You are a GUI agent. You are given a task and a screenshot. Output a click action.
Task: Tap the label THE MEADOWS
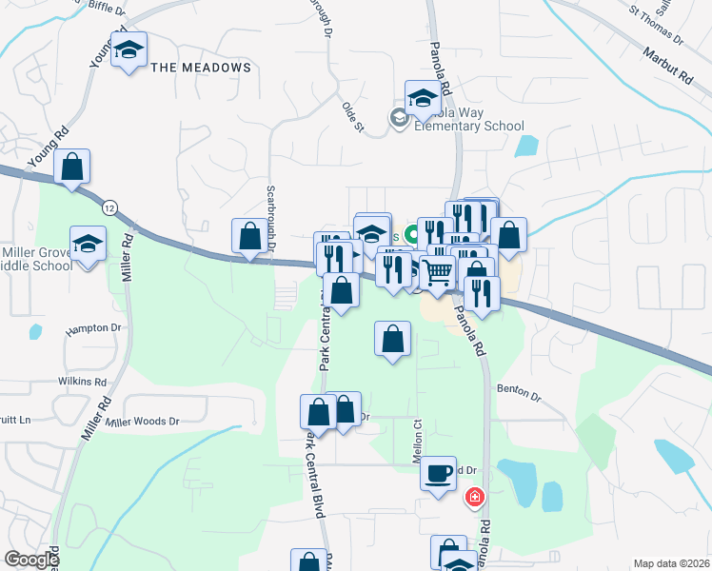(201, 68)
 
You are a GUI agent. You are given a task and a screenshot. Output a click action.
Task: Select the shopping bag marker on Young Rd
(71, 167)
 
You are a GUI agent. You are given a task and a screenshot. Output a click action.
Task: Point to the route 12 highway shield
(111, 207)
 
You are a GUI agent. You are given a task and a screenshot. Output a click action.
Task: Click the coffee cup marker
(438, 473)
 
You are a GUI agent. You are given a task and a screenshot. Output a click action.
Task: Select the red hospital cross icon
(473, 497)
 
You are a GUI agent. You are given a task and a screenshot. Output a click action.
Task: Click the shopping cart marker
(438, 273)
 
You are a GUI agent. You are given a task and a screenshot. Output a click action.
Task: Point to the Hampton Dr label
(95, 329)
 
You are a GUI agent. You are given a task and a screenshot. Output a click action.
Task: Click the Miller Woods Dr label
(143, 421)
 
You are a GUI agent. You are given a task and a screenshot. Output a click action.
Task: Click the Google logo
(30, 560)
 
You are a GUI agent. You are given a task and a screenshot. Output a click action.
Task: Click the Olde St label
(353, 113)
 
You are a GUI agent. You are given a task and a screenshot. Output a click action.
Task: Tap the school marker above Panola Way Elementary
(423, 98)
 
